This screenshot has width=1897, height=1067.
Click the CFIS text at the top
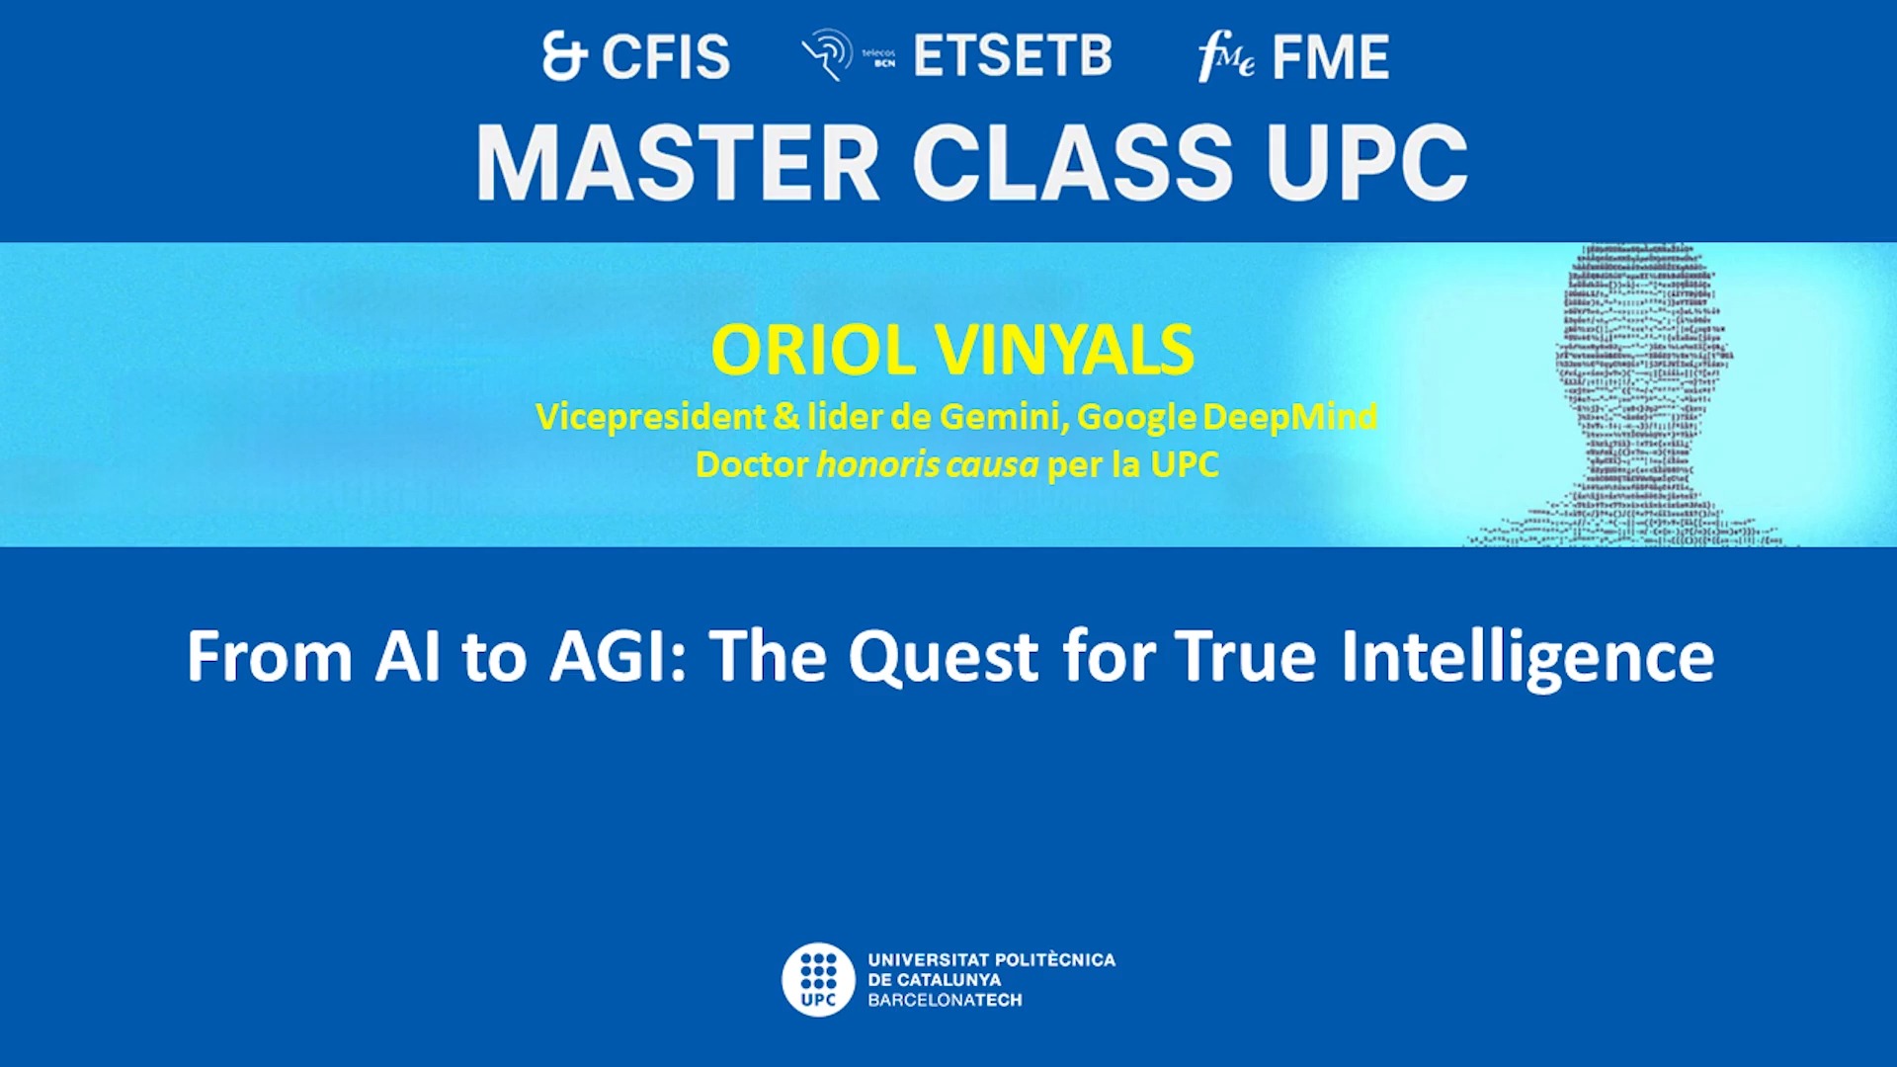[x=666, y=57]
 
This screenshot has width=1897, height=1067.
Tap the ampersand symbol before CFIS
[x=564, y=56]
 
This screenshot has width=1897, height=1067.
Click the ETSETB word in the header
[x=1013, y=56]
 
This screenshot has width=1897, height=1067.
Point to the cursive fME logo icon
[x=1225, y=57]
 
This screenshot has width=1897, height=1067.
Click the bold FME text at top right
[x=1330, y=57]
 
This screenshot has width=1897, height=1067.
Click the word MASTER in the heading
[x=678, y=164]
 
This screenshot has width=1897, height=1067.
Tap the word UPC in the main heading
[x=1366, y=164]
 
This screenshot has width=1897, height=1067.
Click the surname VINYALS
[x=1064, y=351]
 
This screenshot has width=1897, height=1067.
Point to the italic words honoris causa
[x=927, y=464]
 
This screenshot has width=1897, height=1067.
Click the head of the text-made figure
[x=1642, y=326]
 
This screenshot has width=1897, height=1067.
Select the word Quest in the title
[x=944, y=657]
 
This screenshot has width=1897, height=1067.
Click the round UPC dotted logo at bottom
[x=818, y=979]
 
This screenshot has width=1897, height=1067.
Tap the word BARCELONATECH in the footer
[x=945, y=1000]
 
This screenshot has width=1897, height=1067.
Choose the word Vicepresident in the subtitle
[x=650, y=417]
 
